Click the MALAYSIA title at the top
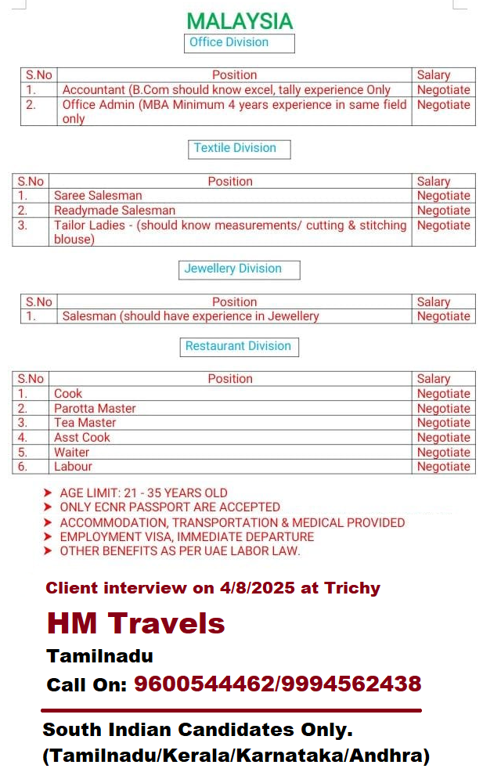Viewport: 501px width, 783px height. (x=240, y=21)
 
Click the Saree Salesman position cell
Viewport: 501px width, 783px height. (x=98, y=196)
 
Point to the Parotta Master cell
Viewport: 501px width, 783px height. (x=95, y=409)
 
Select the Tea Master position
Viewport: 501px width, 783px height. (x=85, y=423)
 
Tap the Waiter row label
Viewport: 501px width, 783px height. (x=71, y=453)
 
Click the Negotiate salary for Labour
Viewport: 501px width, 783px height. (x=443, y=467)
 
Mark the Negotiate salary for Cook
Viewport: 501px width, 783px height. (x=443, y=394)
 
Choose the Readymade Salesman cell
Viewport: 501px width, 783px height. (x=114, y=211)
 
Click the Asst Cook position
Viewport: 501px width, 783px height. (x=81, y=438)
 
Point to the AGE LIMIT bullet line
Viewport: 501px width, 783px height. (x=143, y=493)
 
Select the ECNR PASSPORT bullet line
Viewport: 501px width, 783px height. (x=169, y=507)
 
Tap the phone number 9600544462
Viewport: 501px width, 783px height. (x=202, y=684)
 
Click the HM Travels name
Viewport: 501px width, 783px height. (x=135, y=623)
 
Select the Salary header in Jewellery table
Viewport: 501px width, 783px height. (x=434, y=302)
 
